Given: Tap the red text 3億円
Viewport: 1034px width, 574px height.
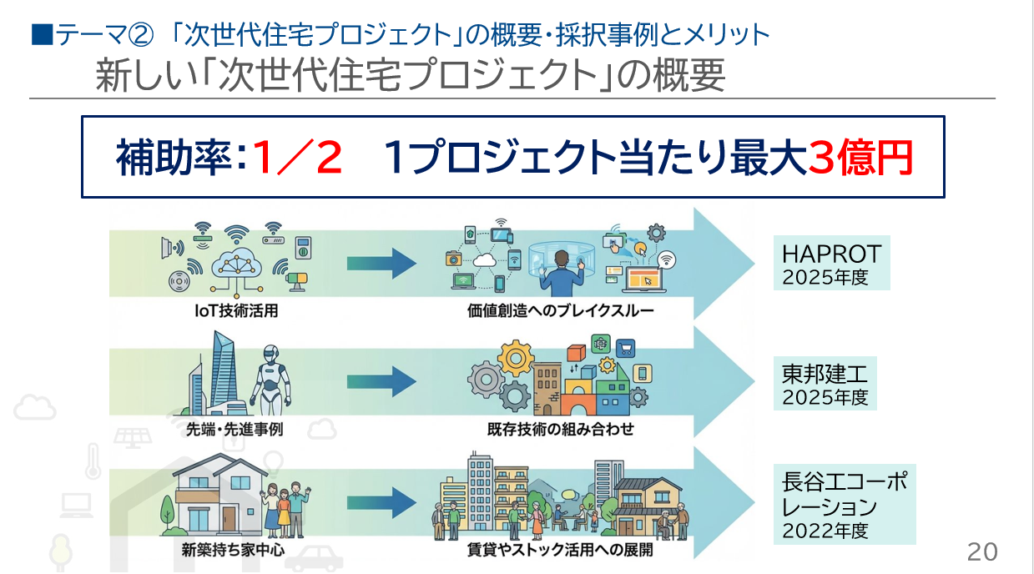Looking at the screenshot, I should pos(860,159).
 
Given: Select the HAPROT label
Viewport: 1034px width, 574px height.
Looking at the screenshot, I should pos(831,253).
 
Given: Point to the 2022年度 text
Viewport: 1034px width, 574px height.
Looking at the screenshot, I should pos(825,530).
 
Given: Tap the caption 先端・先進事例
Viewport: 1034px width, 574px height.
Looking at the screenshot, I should pos(230,430).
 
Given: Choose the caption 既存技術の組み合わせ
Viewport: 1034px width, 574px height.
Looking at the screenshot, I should pos(560,430).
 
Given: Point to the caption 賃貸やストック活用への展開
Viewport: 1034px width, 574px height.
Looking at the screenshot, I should pos(560,551).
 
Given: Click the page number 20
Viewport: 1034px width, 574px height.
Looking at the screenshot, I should pos(982,551).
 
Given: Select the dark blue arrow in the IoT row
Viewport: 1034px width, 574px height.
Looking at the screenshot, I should pos(381,265).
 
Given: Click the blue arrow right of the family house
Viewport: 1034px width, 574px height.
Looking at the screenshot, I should pos(381,502).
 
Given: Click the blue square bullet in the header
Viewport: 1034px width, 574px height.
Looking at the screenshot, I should pos(39,35).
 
